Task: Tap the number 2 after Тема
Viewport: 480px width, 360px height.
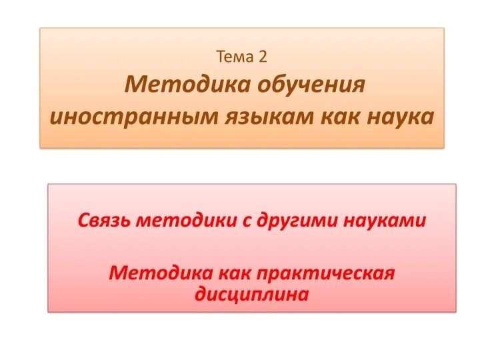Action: pos(263,57)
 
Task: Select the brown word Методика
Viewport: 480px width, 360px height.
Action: pos(187,84)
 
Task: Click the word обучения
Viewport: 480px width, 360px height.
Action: pos(311,85)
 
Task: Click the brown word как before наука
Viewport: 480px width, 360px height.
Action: pos(340,117)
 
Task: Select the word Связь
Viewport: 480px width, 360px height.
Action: pos(103,220)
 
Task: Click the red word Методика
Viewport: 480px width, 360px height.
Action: pos(161,273)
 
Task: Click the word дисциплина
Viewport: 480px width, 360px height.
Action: pos(251,295)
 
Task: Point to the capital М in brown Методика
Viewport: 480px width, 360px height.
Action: pos(135,84)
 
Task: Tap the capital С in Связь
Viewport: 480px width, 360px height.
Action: pos(84,220)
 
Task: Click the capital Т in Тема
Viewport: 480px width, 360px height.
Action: pos(221,57)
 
